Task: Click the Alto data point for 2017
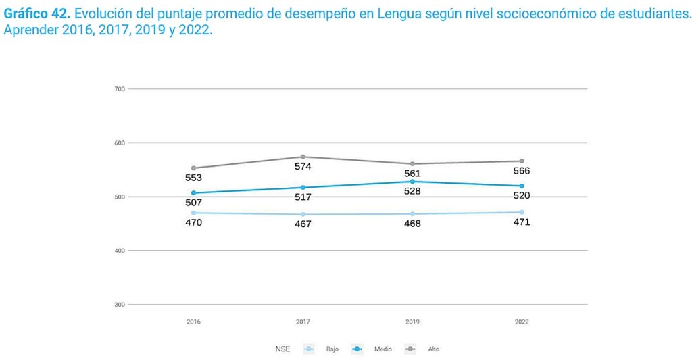coord(303,157)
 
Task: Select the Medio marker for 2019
coord(412,182)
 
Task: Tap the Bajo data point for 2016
coord(193,213)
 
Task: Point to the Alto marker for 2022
coord(522,161)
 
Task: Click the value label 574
coord(303,166)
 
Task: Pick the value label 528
coord(412,191)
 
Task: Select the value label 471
coord(522,222)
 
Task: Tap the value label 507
coord(193,203)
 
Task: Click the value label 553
coord(193,178)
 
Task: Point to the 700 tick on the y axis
coord(119,89)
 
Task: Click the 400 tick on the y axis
coord(119,251)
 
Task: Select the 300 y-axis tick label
coord(119,305)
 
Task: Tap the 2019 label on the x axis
coord(412,322)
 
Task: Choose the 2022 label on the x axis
coord(522,322)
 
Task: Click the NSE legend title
coord(282,349)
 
